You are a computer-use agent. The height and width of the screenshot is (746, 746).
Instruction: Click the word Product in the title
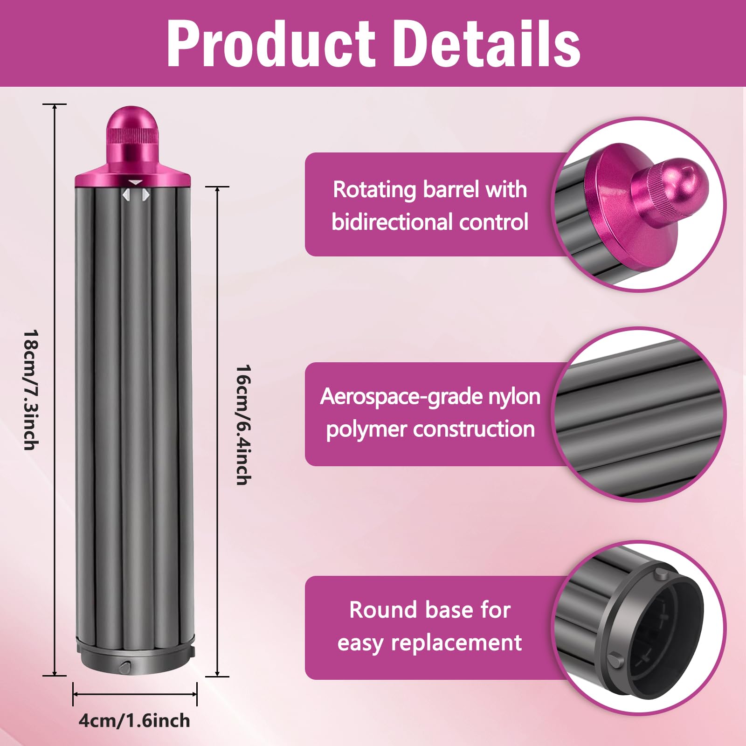270,44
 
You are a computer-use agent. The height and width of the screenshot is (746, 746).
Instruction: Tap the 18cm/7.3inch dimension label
31,390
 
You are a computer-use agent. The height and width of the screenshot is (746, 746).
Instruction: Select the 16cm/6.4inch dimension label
243,425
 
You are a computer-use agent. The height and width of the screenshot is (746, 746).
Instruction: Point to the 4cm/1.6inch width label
134,720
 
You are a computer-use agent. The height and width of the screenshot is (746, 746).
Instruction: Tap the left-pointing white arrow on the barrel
125,195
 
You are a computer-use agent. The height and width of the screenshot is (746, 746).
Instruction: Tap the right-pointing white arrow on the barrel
146,195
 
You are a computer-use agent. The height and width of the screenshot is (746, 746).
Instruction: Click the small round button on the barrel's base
124,667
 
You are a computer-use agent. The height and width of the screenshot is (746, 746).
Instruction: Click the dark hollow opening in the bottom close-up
671,629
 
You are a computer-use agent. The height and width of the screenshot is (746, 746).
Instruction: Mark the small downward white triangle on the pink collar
135,182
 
